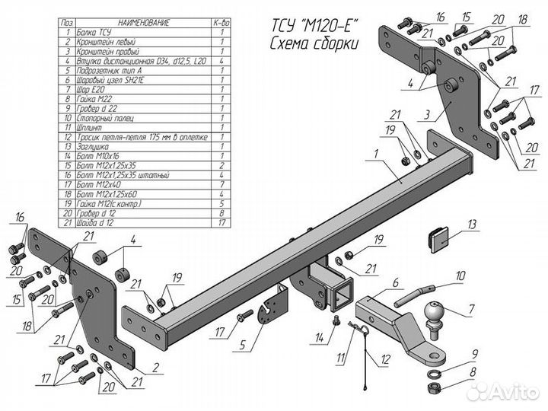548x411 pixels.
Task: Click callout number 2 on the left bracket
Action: (x=155, y=367)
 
